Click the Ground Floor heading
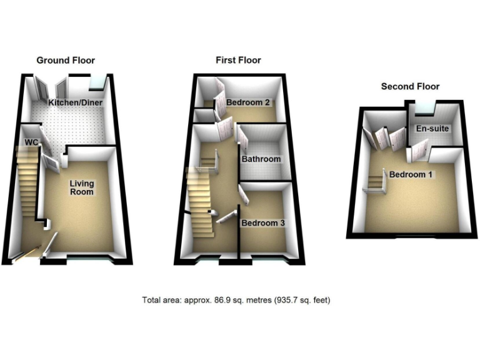pos(66,61)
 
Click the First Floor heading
pos(238,61)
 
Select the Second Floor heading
pos(410,87)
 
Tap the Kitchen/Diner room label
pos(76,102)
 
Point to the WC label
pos(31,142)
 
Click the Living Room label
pos(81,187)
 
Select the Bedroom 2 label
pos(247,102)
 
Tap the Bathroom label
pos(261,159)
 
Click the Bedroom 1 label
pos(411,174)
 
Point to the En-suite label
pos(432,129)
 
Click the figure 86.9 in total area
pos(214,300)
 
